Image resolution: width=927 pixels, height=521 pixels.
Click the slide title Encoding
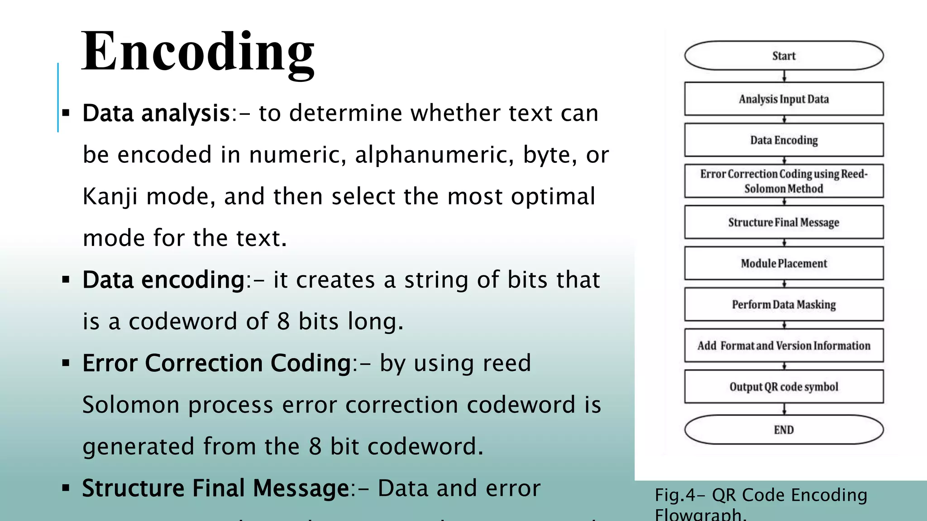point(198,52)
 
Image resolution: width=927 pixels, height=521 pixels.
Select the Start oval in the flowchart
point(784,56)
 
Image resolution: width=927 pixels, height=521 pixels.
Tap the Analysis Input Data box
point(784,99)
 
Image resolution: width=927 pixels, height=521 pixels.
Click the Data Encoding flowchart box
point(784,140)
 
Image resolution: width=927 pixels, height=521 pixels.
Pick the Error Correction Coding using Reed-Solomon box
point(784,181)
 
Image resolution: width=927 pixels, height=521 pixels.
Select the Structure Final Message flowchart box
point(784,222)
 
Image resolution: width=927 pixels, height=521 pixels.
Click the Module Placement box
point(784,263)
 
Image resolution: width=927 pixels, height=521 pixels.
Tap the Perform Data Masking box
point(784,304)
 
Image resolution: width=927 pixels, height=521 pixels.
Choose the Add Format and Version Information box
point(784,346)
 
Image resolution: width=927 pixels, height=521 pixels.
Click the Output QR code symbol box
point(784,387)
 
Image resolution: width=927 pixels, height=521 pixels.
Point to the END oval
point(784,430)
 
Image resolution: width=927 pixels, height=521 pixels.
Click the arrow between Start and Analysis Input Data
point(784,76)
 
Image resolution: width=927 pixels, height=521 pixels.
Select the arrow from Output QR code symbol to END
point(784,409)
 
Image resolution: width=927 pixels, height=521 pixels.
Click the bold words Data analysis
point(156,113)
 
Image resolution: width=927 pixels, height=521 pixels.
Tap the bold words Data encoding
point(163,280)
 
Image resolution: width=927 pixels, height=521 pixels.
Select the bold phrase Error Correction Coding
point(216,363)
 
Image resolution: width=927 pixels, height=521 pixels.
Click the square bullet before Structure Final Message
point(66,488)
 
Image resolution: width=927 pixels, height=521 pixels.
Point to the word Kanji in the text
point(110,197)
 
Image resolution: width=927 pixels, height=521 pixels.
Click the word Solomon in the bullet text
point(131,405)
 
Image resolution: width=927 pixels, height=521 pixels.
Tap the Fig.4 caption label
point(760,496)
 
